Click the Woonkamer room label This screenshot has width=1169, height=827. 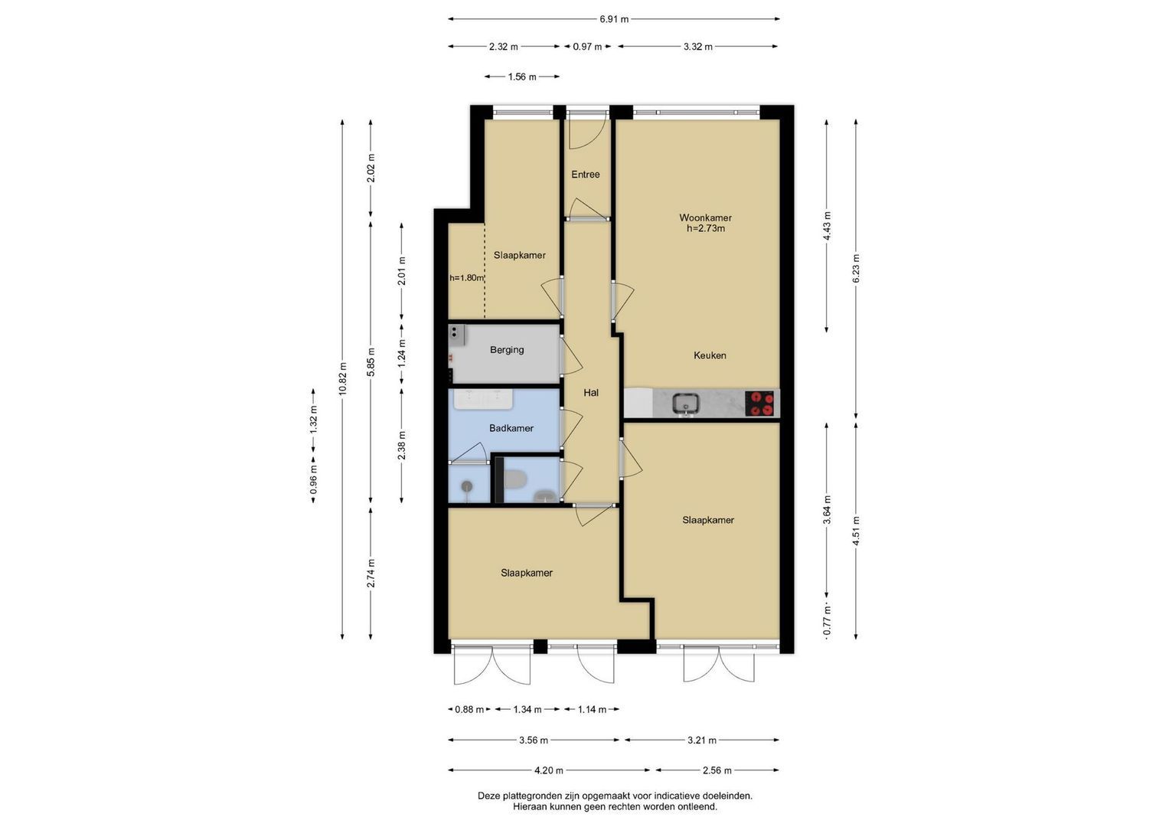705,217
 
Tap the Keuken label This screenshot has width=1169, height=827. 710,355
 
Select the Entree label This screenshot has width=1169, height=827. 586,175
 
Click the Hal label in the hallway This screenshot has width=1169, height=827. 591,393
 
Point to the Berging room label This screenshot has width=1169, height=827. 507,350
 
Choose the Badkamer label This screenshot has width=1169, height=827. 511,428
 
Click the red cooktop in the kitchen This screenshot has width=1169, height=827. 762,404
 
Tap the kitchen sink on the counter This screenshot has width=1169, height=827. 686,404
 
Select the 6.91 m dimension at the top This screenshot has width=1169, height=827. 614,19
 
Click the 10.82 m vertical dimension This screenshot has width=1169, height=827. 342,378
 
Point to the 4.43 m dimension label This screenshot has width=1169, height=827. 827,226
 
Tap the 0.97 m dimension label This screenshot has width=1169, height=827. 588,47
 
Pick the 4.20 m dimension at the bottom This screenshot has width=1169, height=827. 548,770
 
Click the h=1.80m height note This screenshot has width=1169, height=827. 466,278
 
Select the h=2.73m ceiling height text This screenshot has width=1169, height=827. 706,228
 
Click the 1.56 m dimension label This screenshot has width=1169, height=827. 522,77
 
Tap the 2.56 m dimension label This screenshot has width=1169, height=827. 717,770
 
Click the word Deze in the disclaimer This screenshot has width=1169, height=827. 488,796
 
